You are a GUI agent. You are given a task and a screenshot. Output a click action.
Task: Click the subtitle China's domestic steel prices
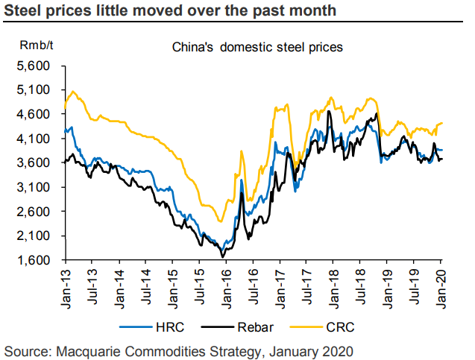click(x=257, y=47)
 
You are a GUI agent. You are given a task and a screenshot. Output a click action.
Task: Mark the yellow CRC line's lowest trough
click(x=221, y=221)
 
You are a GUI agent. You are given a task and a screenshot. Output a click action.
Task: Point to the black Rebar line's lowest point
click(x=223, y=257)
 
